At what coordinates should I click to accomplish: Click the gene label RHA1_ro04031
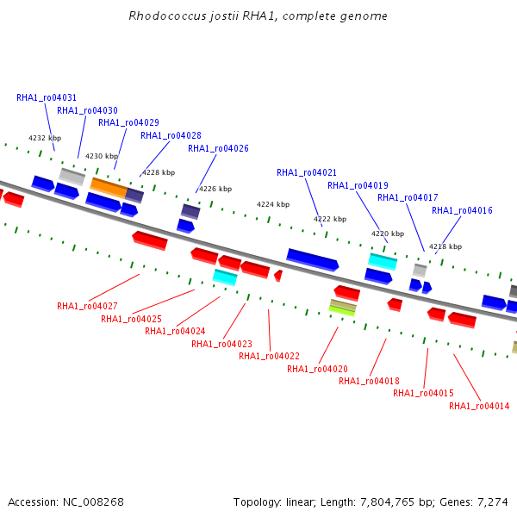tap(47, 97)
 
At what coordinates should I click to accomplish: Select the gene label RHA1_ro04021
tap(307, 172)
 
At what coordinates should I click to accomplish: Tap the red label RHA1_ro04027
tap(87, 306)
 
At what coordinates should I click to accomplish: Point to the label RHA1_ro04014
tap(479, 406)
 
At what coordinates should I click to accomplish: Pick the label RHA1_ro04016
tap(462, 210)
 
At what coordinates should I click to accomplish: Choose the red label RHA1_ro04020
tap(317, 369)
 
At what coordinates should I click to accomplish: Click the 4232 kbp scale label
tap(45, 138)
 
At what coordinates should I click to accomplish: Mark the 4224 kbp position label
tap(273, 204)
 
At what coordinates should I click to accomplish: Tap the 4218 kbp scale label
tap(445, 246)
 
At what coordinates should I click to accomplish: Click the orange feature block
tap(109, 188)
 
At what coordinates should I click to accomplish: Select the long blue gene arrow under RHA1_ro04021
tap(313, 260)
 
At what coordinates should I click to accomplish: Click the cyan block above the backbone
tap(383, 262)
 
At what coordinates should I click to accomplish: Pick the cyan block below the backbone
tap(225, 277)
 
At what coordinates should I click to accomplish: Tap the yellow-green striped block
tap(343, 308)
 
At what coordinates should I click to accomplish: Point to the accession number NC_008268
tap(93, 502)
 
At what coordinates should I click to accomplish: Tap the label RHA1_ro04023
tap(221, 344)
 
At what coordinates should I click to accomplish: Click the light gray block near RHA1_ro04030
tap(72, 177)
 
